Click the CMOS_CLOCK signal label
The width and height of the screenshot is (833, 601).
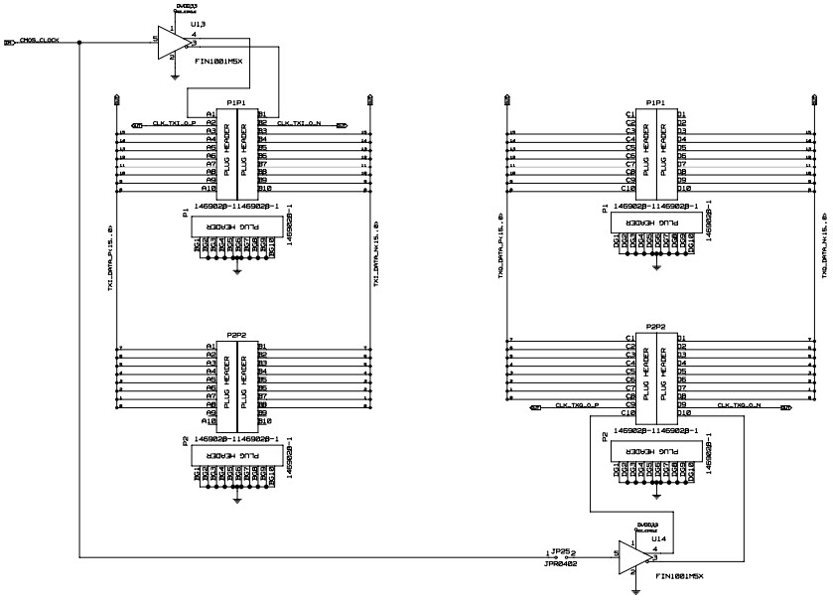[40, 42]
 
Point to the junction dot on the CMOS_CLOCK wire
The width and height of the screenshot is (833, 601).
[79, 42]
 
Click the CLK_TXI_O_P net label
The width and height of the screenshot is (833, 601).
[174, 124]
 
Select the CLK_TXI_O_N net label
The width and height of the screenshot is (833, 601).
[298, 124]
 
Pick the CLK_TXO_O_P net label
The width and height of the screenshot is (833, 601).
[578, 405]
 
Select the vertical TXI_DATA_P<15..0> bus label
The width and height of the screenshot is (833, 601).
[110, 258]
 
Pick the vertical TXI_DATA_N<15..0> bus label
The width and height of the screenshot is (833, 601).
[376, 258]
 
